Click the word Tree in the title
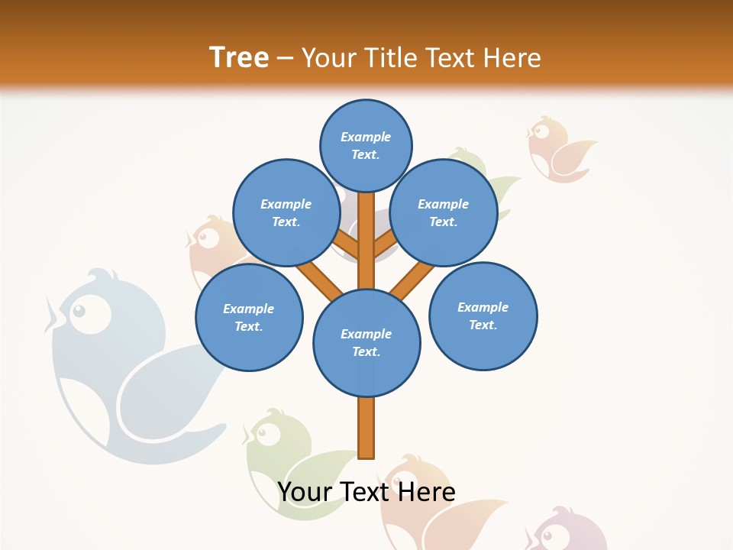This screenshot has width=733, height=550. tap(239, 57)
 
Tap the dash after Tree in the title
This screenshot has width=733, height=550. tap(285, 59)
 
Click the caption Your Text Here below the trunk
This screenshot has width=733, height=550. tap(366, 492)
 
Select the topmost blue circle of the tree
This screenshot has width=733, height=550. tap(366, 145)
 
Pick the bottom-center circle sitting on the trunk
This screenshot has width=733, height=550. tap(366, 343)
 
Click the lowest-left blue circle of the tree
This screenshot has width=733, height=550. tap(249, 318)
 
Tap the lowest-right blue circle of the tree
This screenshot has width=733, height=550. tap(483, 316)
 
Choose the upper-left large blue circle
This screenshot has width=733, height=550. tap(286, 213)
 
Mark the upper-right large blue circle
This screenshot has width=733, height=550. tap(444, 213)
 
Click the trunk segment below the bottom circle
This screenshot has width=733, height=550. tap(366, 428)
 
